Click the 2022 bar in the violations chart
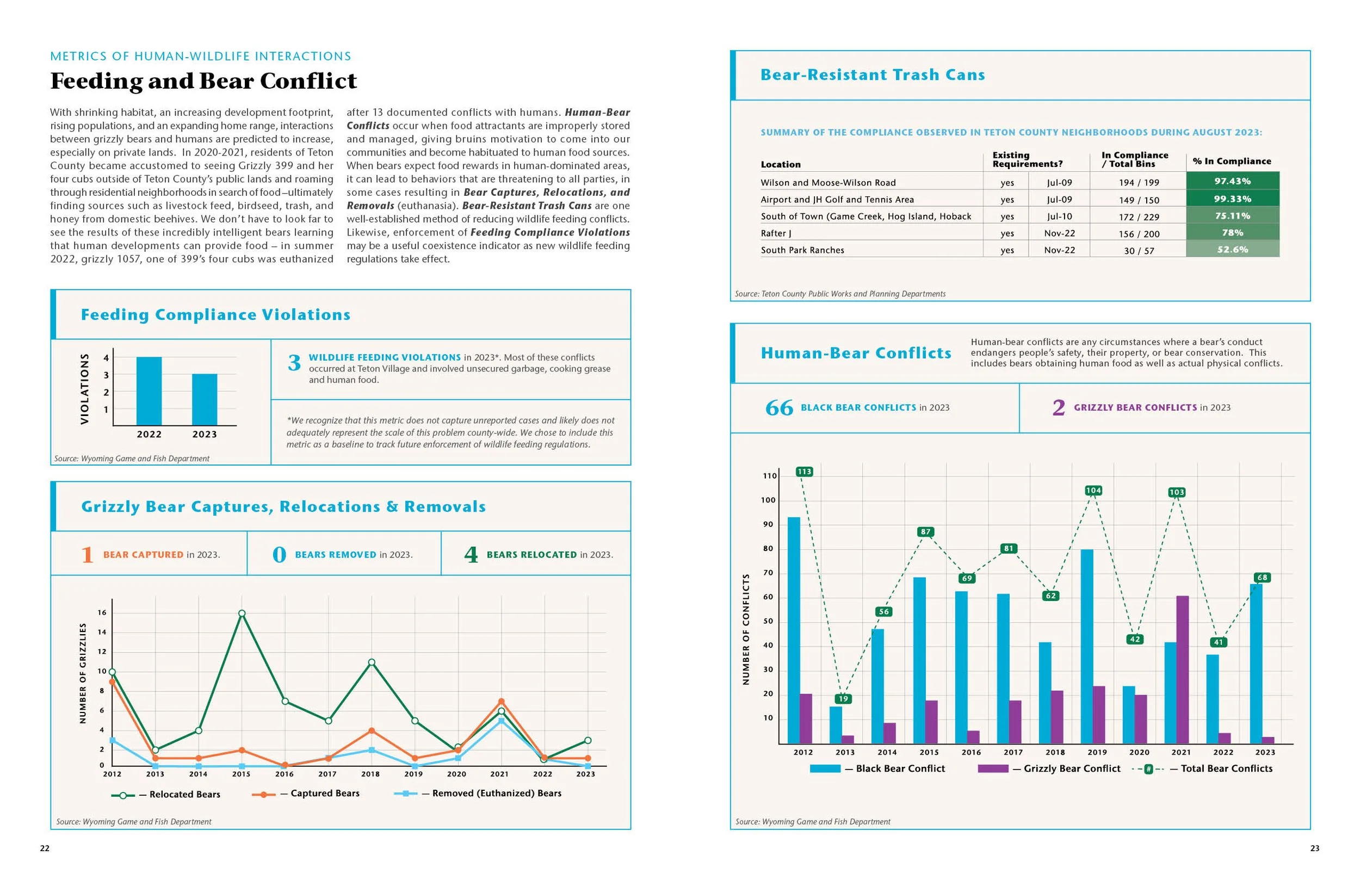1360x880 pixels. (149, 391)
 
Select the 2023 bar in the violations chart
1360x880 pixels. (205, 399)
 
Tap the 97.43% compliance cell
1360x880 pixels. (1232, 181)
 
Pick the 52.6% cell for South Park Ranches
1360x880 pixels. (1232, 249)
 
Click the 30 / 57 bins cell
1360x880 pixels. (1139, 250)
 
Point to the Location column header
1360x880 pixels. (780, 165)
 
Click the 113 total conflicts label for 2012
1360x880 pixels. (803, 472)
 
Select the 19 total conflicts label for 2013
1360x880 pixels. (843, 698)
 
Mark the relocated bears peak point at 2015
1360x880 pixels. (242, 613)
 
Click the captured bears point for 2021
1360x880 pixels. (500, 701)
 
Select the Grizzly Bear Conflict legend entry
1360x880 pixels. (1072, 769)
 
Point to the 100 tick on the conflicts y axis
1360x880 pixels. (768, 500)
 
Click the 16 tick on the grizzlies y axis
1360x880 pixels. (102, 612)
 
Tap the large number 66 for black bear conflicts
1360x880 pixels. (779, 407)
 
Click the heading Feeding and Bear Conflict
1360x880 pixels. (203, 80)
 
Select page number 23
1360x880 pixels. (1314, 848)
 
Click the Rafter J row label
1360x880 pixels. (775, 233)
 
